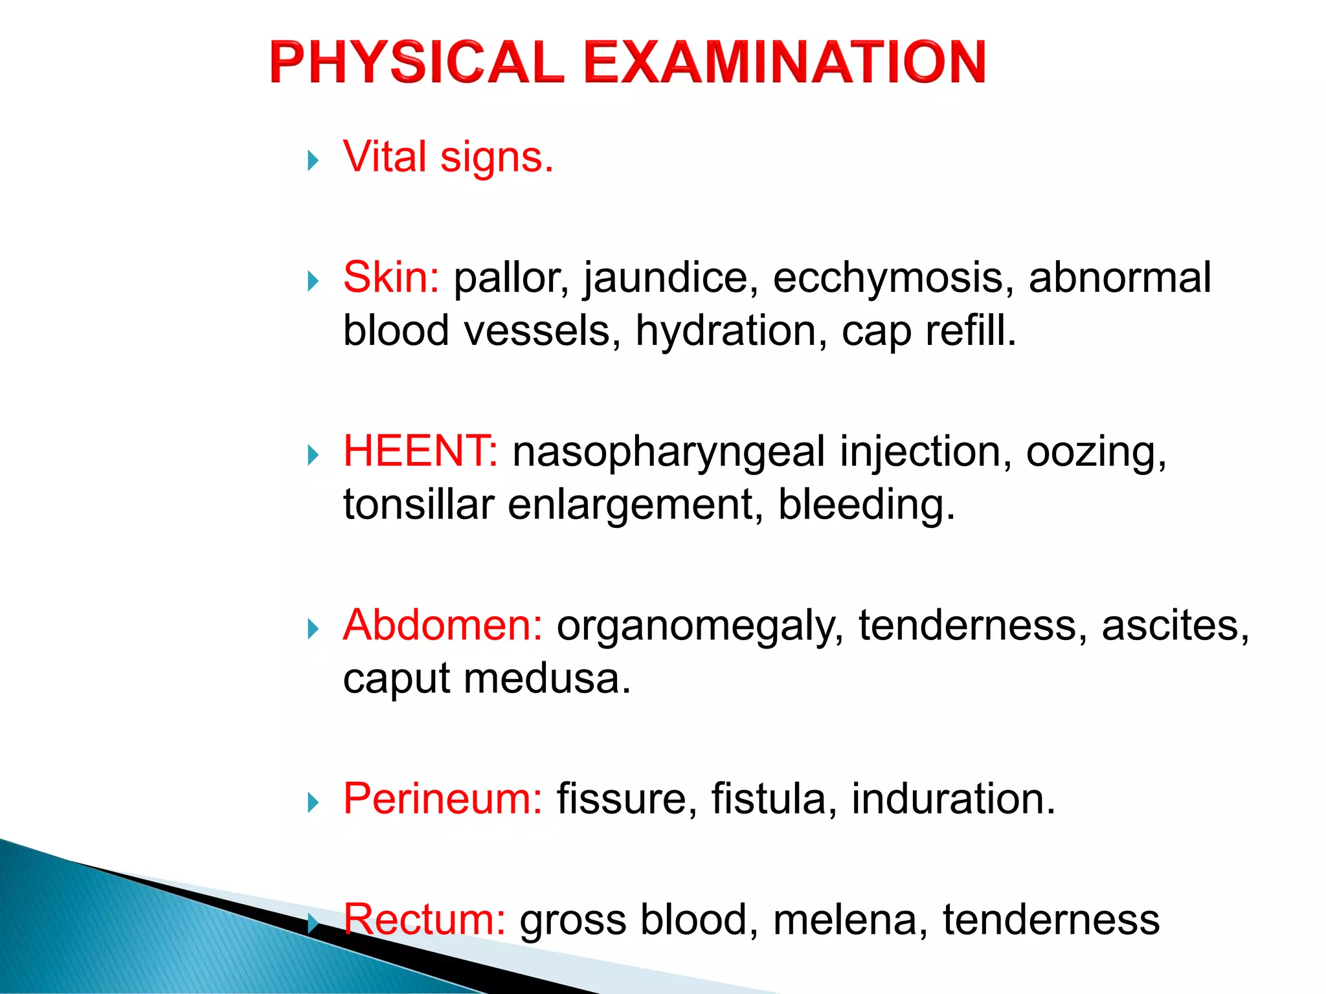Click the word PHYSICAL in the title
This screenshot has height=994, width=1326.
pyautogui.click(x=417, y=62)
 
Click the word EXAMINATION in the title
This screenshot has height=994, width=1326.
pyautogui.click(x=785, y=62)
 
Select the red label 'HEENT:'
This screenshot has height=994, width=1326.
pyautogui.click(x=420, y=451)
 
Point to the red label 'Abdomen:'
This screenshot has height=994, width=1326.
pyautogui.click(x=443, y=626)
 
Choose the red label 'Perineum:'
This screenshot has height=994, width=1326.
pyautogui.click(x=443, y=799)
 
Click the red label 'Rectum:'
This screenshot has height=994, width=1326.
pyautogui.click(x=424, y=920)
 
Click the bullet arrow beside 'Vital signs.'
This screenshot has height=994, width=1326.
pyautogui.click(x=313, y=160)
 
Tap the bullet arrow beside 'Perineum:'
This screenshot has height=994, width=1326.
pyautogui.click(x=313, y=802)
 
